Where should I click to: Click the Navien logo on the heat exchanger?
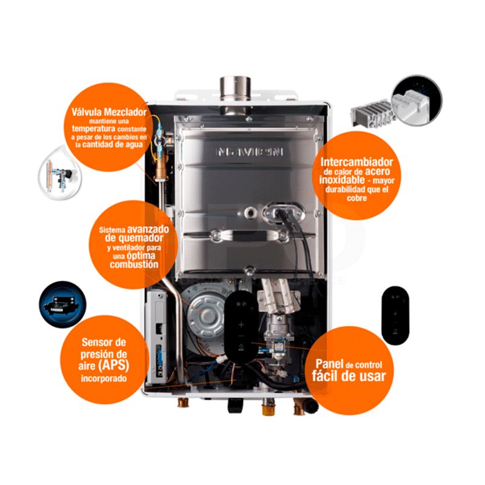coord(249,152)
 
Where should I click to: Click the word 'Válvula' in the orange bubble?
coord(87,112)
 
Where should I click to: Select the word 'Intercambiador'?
coord(356,162)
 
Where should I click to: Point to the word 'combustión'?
coord(134,264)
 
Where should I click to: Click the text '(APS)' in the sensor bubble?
coord(113,366)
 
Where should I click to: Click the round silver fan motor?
coord(207,315)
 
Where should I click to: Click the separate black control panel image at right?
coord(395,315)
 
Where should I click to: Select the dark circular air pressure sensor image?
coord(63,304)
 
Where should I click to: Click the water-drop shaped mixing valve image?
coord(59,175)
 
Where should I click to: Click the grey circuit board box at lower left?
coord(156,336)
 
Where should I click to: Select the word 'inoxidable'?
coord(342,179)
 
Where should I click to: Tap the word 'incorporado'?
coord(104,378)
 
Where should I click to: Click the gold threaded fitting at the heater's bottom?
coord(268,407)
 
